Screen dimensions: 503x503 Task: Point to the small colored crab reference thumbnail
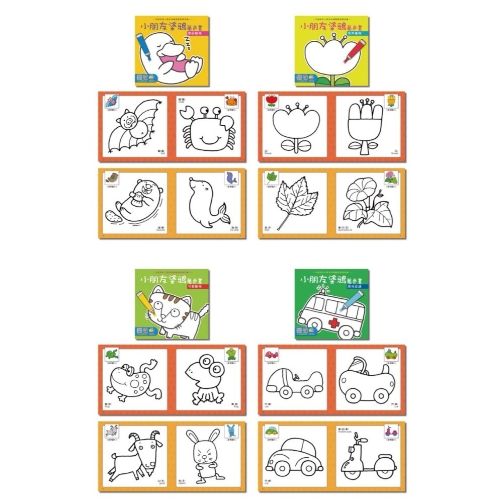231,101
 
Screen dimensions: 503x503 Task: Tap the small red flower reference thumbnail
272,100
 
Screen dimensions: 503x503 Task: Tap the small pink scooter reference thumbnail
391,431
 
